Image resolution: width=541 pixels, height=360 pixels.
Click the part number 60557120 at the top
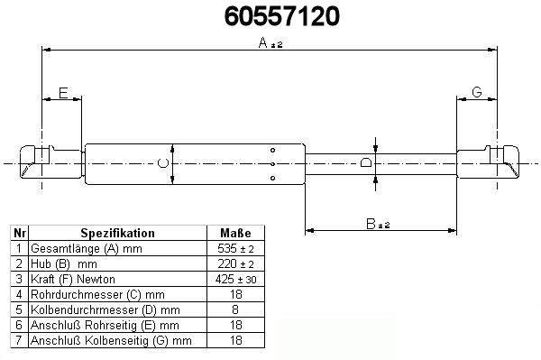(282, 16)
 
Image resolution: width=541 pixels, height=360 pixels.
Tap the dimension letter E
(63, 93)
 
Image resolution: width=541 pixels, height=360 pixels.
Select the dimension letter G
(476, 92)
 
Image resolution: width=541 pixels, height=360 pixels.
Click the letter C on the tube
(163, 163)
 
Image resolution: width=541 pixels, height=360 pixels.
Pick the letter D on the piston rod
(366, 162)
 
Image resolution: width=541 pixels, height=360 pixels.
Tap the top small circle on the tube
(272, 150)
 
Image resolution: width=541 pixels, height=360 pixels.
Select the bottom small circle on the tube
(272, 178)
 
